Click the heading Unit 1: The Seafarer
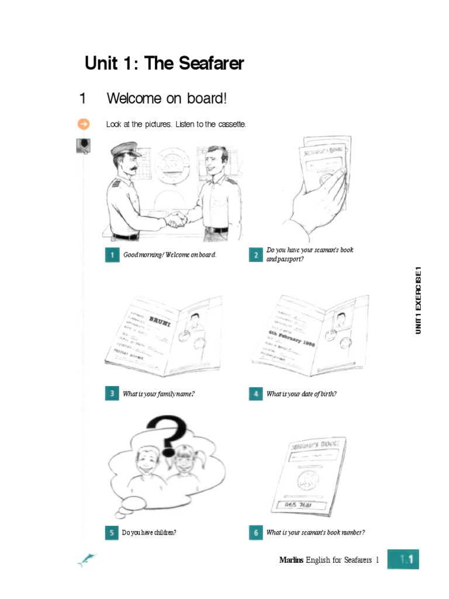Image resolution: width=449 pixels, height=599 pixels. point(164,64)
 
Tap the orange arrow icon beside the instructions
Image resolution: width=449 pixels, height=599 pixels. point(84,124)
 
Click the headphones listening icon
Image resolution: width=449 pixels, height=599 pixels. point(84,145)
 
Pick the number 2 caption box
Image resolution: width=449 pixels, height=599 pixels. point(255,255)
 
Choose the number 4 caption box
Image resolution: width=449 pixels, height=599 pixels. point(255,394)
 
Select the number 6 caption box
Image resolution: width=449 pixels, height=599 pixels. point(255,532)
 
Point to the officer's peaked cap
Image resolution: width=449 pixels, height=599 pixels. point(126,149)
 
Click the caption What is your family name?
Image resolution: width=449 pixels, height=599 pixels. point(158,394)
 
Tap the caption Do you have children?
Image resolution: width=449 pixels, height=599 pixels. point(149,532)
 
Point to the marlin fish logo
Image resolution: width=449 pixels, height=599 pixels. point(86,560)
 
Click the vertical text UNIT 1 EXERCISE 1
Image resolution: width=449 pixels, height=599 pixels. point(418,300)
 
